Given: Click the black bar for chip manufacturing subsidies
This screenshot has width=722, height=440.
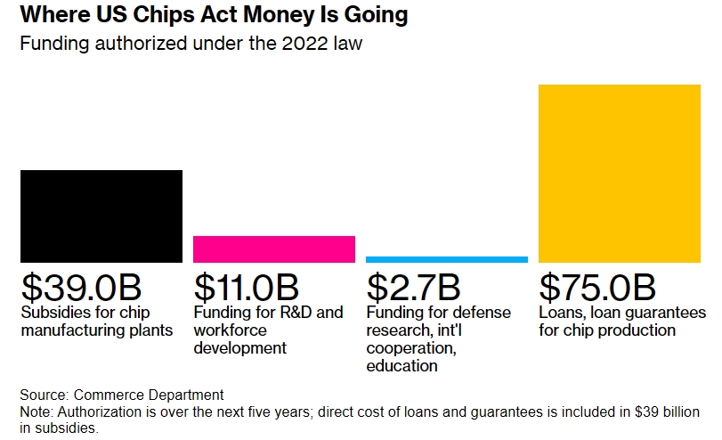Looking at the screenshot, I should pyautogui.click(x=101, y=216).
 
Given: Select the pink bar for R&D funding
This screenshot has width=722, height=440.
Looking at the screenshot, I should pyautogui.click(x=273, y=249).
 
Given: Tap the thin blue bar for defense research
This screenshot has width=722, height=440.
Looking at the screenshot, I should pyautogui.click(x=446, y=259).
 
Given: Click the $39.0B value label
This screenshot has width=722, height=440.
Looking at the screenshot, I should pyautogui.click(x=81, y=287).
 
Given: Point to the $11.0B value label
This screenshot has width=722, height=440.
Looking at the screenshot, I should pyautogui.click(x=246, y=287).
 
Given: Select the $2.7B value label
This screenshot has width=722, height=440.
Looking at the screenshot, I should pyautogui.click(x=413, y=287).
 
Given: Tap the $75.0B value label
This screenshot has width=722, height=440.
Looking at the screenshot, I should pyautogui.click(x=597, y=287).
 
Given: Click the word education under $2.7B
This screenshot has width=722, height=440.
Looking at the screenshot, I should pyautogui.click(x=402, y=365).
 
